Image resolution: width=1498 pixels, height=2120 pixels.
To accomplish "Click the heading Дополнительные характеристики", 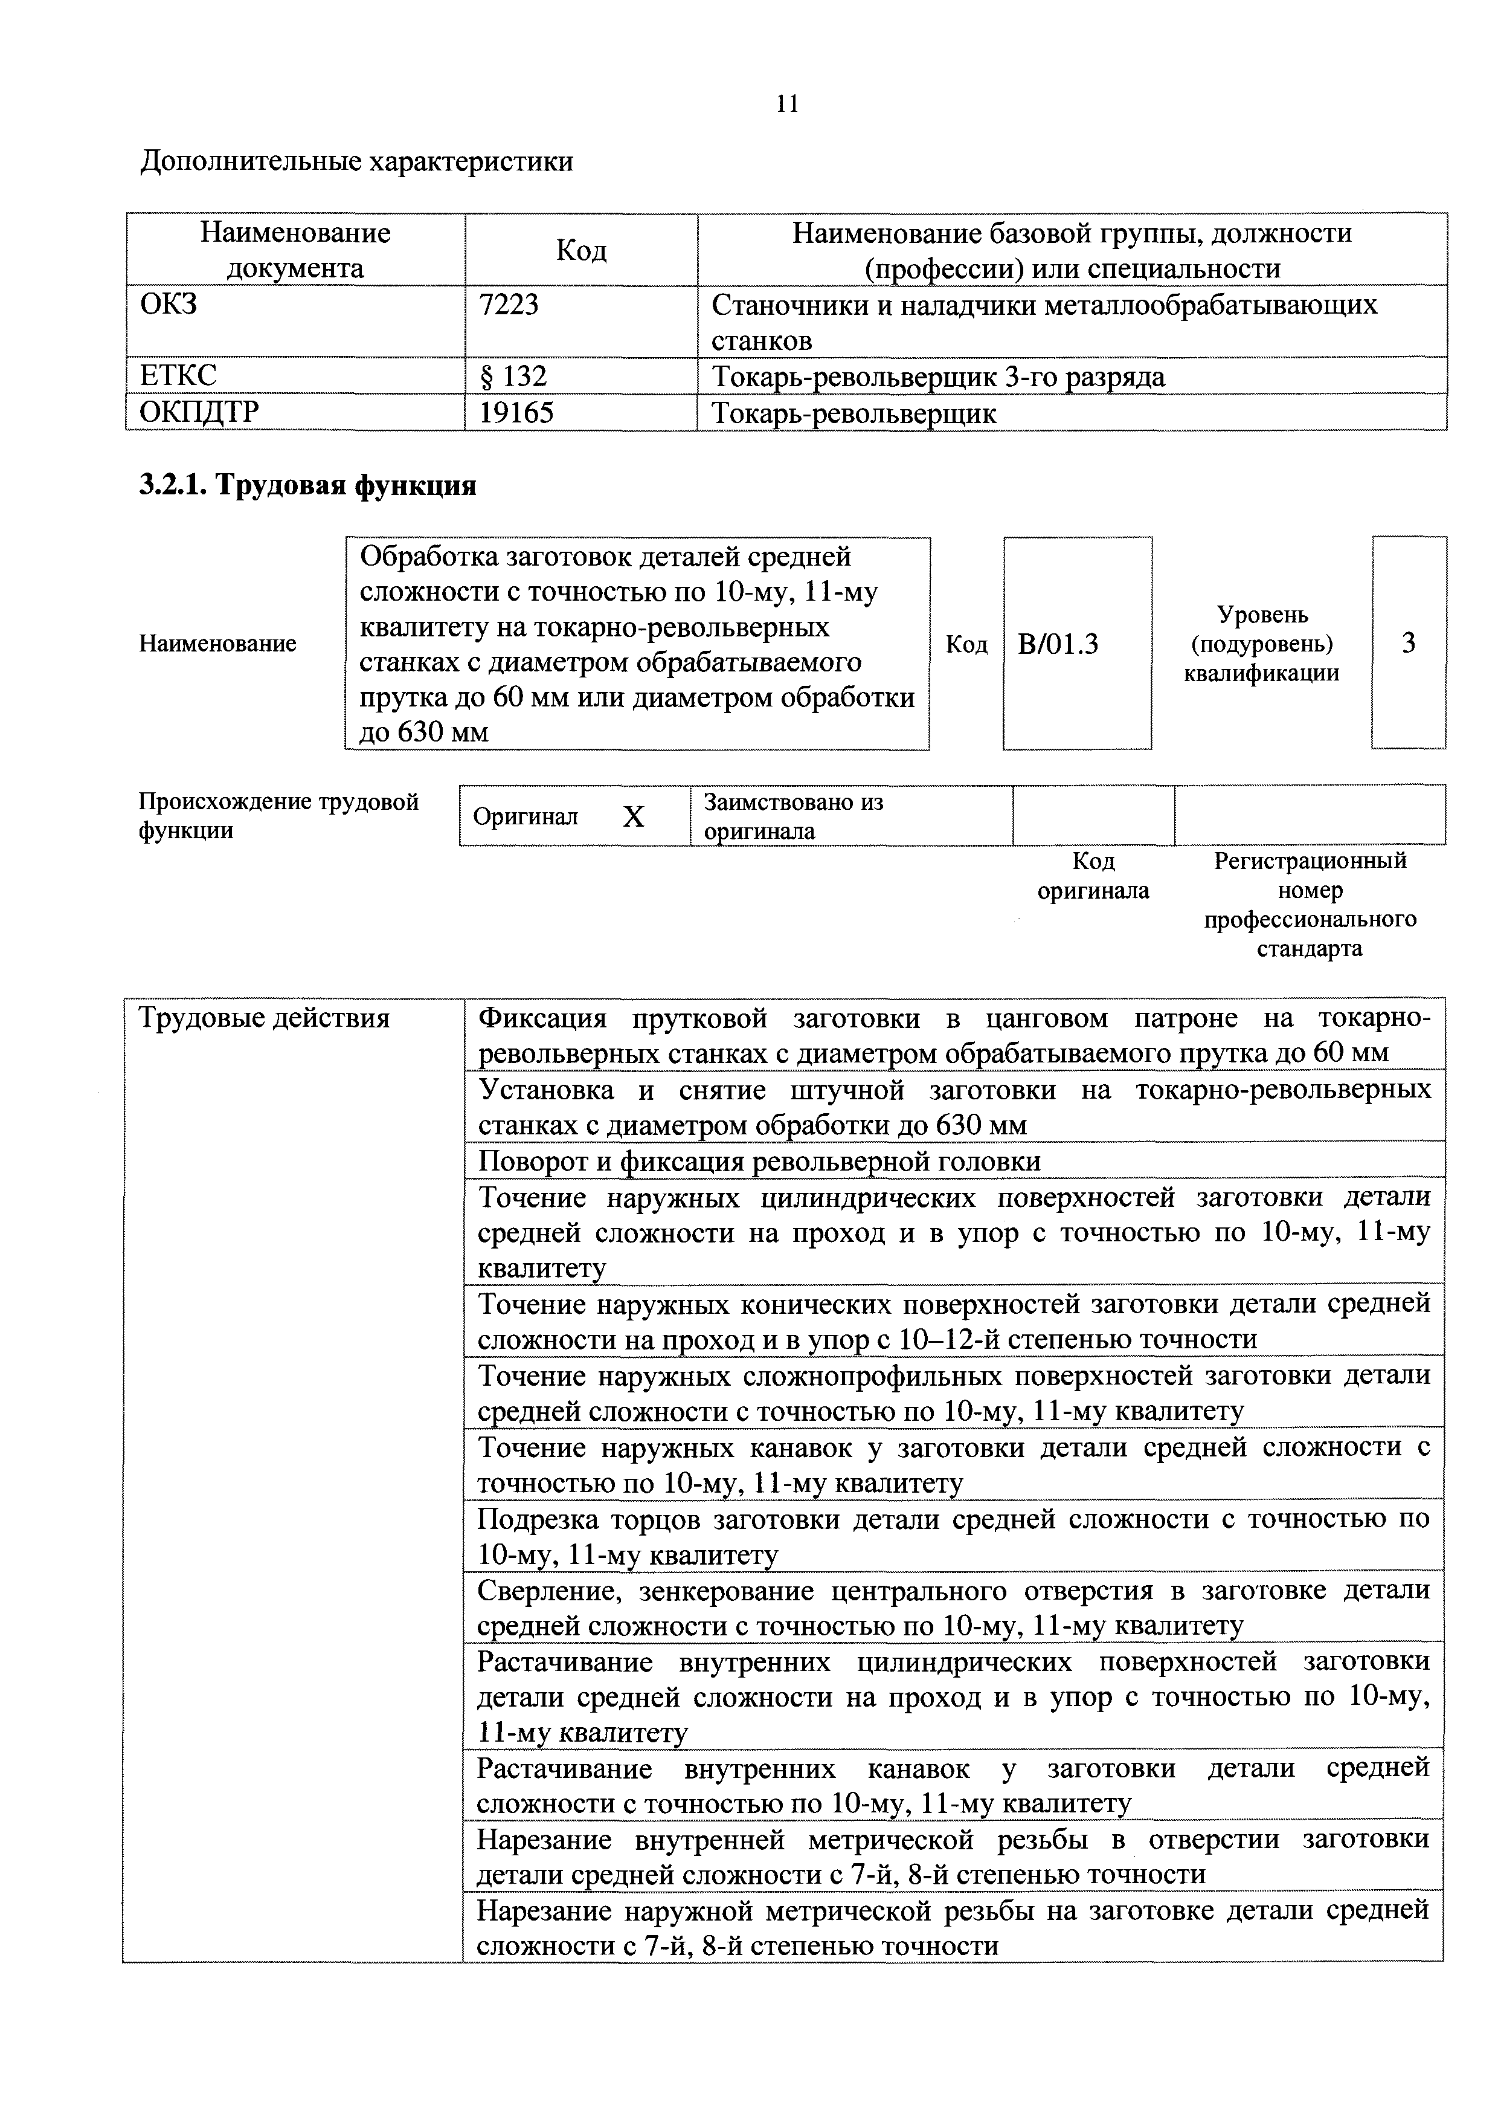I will click(356, 161).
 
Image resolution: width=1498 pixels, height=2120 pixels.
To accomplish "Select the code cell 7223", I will click(509, 305).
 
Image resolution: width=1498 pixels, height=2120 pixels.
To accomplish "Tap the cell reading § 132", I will click(513, 376).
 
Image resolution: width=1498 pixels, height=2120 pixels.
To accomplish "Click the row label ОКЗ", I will click(168, 305).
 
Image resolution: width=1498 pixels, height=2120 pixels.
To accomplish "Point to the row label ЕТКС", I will click(178, 376).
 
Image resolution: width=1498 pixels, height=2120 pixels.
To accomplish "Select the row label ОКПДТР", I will click(199, 413).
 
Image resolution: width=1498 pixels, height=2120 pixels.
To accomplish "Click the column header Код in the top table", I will click(582, 250).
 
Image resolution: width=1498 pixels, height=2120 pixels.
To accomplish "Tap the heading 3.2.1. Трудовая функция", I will click(307, 486).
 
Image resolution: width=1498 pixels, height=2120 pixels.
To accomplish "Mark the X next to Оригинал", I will click(633, 816).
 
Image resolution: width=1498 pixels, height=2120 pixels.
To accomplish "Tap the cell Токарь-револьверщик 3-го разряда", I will click(937, 376).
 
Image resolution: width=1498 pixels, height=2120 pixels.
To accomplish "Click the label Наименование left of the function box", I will click(218, 644).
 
